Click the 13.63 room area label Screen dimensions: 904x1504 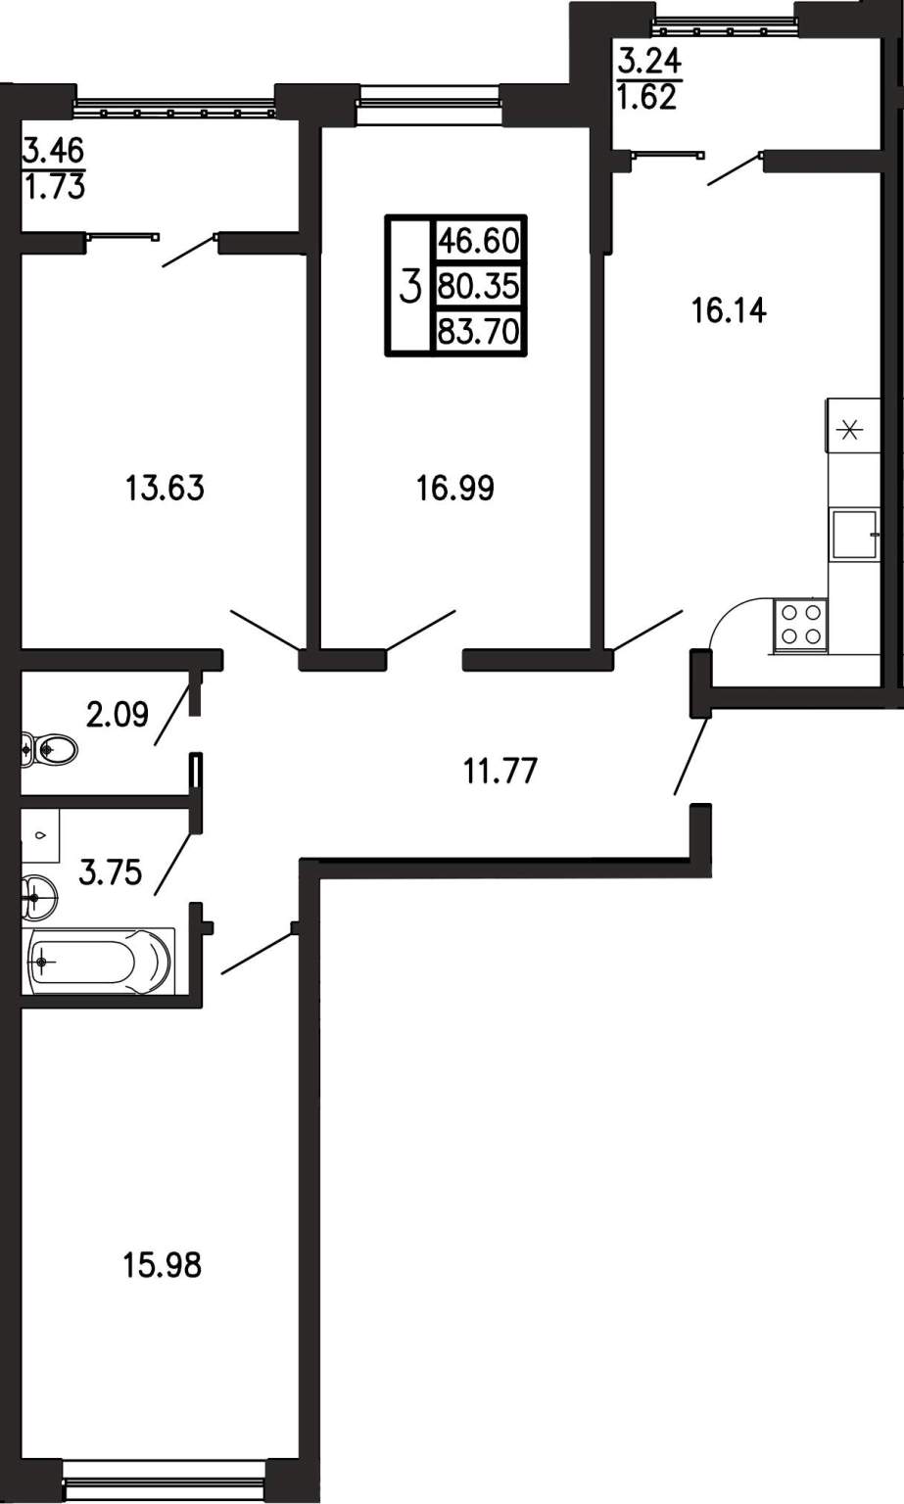point(165,488)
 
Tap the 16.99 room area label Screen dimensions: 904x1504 point(455,488)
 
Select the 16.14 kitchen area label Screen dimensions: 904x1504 point(729,310)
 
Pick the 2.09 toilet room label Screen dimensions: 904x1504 point(117,715)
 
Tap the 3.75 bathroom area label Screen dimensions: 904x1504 point(110,872)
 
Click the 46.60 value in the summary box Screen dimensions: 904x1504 point(479,240)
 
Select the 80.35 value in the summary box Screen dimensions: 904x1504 point(479,287)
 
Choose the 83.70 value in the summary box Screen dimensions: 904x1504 point(479,332)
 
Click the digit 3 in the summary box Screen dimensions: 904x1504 point(409,286)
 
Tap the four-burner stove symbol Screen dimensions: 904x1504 point(801,625)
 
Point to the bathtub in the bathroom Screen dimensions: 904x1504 point(99,961)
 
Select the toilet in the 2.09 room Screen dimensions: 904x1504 point(49,748)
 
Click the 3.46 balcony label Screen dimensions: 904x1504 point(54,150)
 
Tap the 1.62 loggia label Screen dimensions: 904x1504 point(646,98)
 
